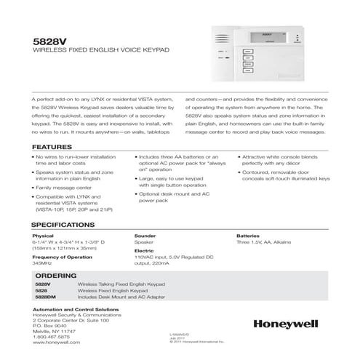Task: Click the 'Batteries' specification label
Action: pyautogui.click(x=248, y=236)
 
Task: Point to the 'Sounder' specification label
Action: pyautogui.click(x=146, y=236)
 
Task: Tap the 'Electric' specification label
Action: pyautogui.click(x=145, y=251)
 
